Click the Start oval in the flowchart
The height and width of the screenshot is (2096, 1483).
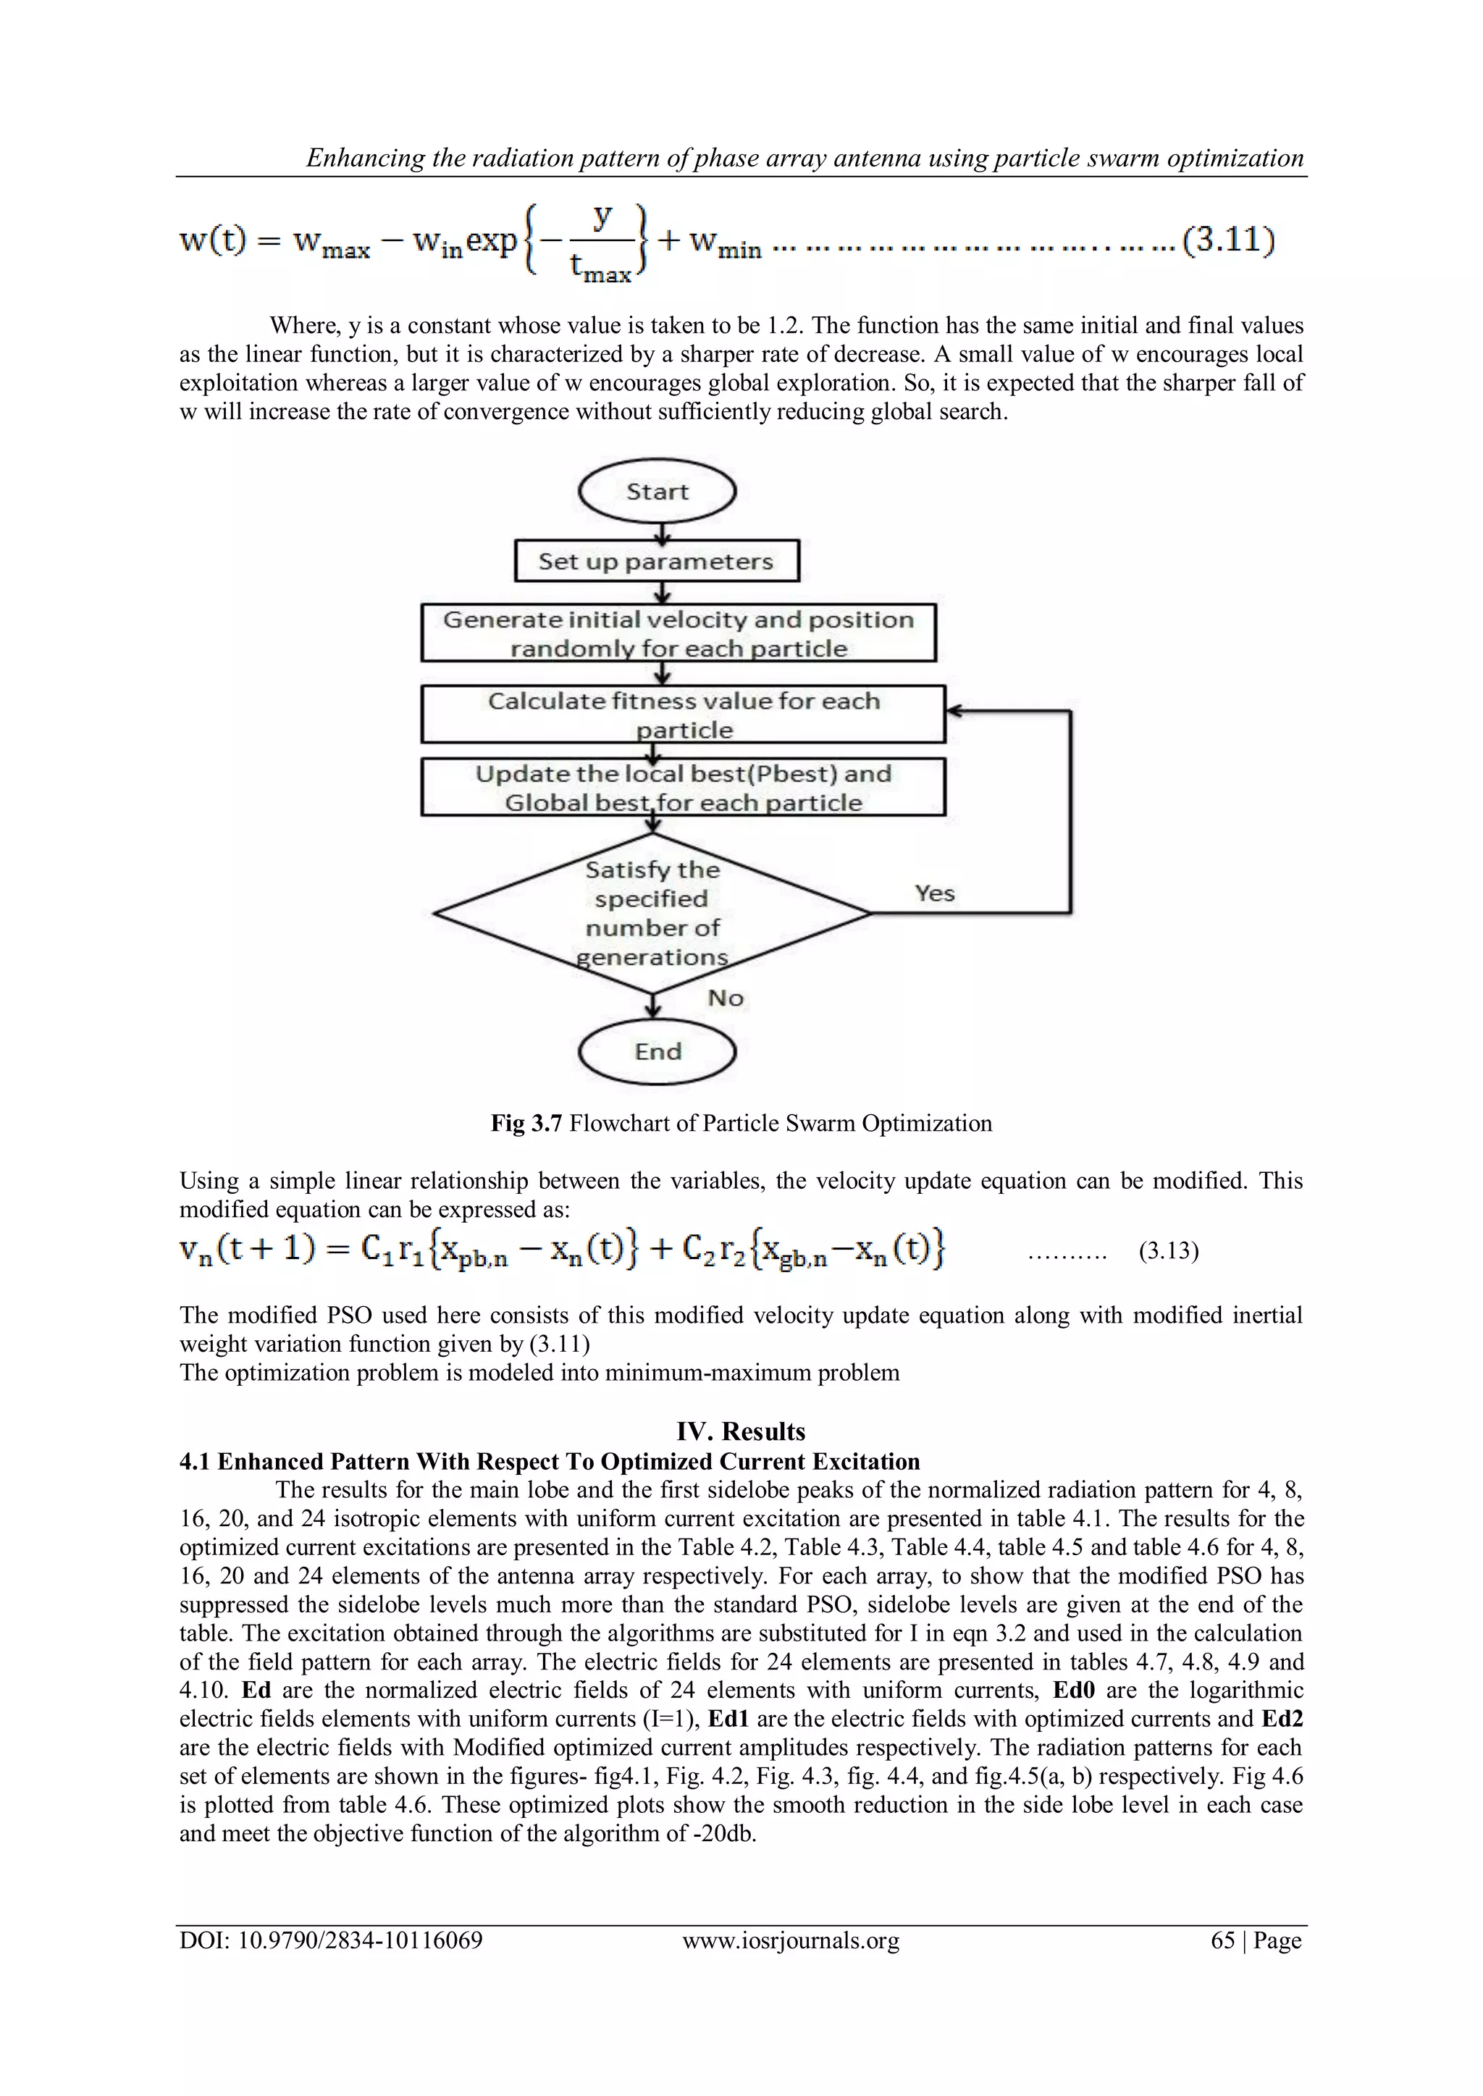(657, 492)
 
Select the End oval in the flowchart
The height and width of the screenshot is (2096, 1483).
(657, 1052)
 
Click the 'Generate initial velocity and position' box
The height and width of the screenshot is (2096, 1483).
(679, 633)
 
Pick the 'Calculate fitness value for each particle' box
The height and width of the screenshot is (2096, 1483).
(683, 714)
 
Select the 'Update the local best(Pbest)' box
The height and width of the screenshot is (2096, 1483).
(683, 787)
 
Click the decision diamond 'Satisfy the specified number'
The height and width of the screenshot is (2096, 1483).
(652, 913)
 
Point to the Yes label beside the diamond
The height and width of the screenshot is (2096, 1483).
(934, 893)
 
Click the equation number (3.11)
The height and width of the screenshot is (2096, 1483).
(1227, 241)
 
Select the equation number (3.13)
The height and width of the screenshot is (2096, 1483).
(1168, 1250)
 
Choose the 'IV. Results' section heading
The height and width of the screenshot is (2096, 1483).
(741, 1431)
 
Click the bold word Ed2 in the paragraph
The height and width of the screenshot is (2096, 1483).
(1282, 1719)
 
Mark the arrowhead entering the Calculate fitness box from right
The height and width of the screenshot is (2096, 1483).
(952, 710)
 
